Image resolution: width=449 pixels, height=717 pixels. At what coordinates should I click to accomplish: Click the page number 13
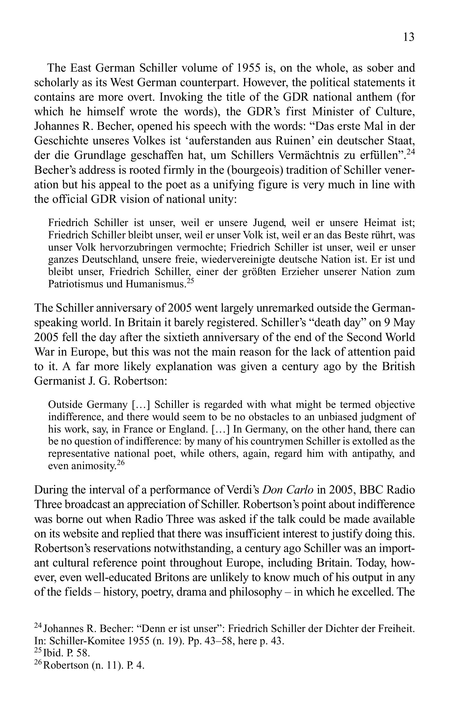(409, 37)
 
